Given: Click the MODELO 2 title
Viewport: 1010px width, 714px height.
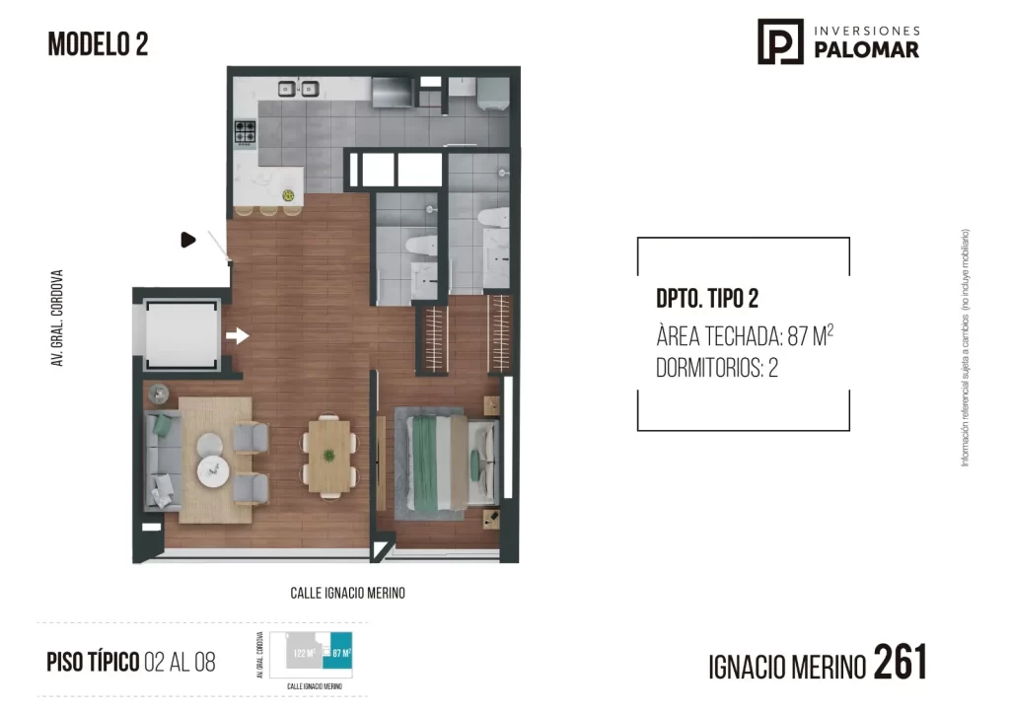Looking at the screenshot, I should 98,44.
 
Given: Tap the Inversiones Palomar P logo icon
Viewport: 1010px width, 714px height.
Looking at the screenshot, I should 780,41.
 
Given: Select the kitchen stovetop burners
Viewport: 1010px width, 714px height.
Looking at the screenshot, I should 245,132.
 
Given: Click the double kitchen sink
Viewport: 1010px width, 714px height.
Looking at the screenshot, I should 299,90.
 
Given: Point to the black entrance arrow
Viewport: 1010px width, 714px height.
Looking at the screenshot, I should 188,240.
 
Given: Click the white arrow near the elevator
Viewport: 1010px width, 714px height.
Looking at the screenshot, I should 237,336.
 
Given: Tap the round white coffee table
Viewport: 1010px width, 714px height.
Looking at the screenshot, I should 212,472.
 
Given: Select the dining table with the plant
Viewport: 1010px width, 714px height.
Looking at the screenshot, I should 328,456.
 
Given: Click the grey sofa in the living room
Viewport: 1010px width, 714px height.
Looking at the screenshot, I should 163,460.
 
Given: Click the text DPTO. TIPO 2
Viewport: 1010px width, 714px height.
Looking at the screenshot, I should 706,298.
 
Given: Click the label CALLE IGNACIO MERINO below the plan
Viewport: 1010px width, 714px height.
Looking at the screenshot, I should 347,594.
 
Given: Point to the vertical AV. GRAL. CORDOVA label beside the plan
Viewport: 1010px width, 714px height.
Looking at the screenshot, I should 58,319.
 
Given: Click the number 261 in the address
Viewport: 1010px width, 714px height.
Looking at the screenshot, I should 901,662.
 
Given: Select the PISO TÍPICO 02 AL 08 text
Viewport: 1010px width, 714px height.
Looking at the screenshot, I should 130,662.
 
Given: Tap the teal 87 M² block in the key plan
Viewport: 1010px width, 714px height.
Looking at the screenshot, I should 341,652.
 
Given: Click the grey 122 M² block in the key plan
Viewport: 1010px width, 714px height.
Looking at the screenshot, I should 303,653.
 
